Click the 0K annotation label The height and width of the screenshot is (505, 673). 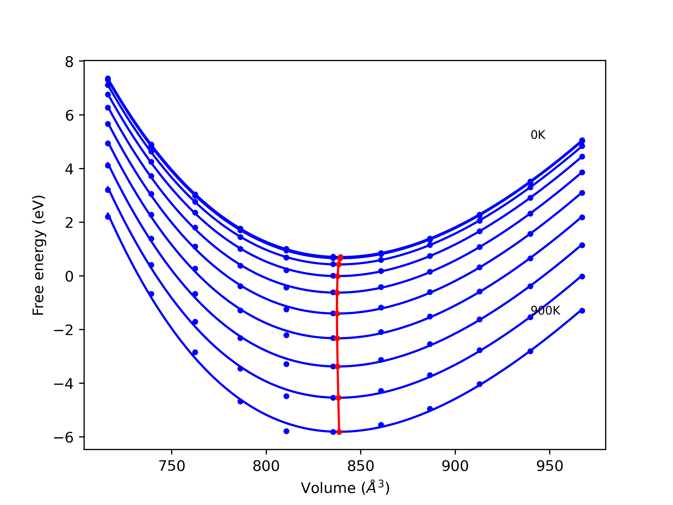point(538,135)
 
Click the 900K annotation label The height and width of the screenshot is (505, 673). point(545,310)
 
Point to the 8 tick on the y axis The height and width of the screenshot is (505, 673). point(69,62)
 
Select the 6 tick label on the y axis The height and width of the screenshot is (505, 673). point(69,116)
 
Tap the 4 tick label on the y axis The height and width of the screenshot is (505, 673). point(69,169)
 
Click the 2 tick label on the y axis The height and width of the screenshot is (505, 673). point(69,223)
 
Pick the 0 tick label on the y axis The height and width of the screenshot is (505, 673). point(69,277)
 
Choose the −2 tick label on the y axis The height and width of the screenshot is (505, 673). point(64,330)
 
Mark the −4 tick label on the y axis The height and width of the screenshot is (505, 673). point(64,384)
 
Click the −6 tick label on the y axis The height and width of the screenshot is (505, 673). point(64,438)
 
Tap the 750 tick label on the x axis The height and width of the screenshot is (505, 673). point(172,466)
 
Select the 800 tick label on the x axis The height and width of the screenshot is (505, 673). point(266,466)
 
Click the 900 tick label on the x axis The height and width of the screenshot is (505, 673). point(455,466)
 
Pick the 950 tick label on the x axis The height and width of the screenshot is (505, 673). point(549,466)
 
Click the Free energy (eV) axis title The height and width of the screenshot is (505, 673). point(39,255)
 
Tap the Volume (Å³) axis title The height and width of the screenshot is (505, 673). point(345,488)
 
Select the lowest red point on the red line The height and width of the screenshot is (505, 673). point(339,432)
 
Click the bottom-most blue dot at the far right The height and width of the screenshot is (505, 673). point(582,311)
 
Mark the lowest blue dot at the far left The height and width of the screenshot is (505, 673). point(108,217)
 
